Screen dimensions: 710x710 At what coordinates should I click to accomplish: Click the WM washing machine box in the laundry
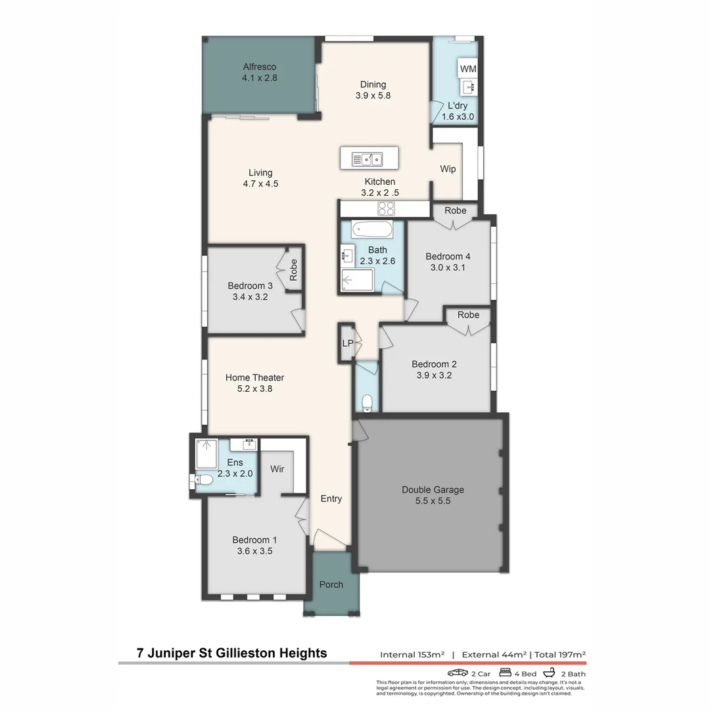(x=468, y=69)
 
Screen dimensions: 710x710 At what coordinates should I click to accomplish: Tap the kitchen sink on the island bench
(x=367, y=159)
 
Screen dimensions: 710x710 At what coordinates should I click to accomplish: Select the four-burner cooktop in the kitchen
(x=386, y=209)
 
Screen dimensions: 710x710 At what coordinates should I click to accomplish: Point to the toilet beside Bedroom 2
(x=367, y=402)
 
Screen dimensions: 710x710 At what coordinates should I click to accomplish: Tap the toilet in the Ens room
(x=203, y=480)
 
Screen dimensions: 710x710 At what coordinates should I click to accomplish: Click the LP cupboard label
(x=347, y=343)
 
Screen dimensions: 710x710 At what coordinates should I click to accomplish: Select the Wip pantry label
(x=448, y=169)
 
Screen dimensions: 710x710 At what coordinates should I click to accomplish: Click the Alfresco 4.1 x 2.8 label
(x=260, y=72)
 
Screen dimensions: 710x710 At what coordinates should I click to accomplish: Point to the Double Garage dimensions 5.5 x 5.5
(x=433, y=501)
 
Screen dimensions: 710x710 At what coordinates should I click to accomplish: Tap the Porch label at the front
(x=331, y=584)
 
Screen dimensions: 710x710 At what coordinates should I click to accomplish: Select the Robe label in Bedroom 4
(x=455, y=210)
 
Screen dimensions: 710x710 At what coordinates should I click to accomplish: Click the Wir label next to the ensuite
(x=277, y=469)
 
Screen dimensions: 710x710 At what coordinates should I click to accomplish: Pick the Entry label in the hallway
(x=331, y=498)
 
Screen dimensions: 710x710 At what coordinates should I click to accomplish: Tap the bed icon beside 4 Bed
(x=506, y=673)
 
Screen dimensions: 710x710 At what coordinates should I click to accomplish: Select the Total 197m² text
(x=560, y=654)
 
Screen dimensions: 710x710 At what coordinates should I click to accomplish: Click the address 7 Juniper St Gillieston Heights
(x=231, y=653)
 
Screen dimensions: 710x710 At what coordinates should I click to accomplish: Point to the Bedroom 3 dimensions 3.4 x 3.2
(x=250, y=297)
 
